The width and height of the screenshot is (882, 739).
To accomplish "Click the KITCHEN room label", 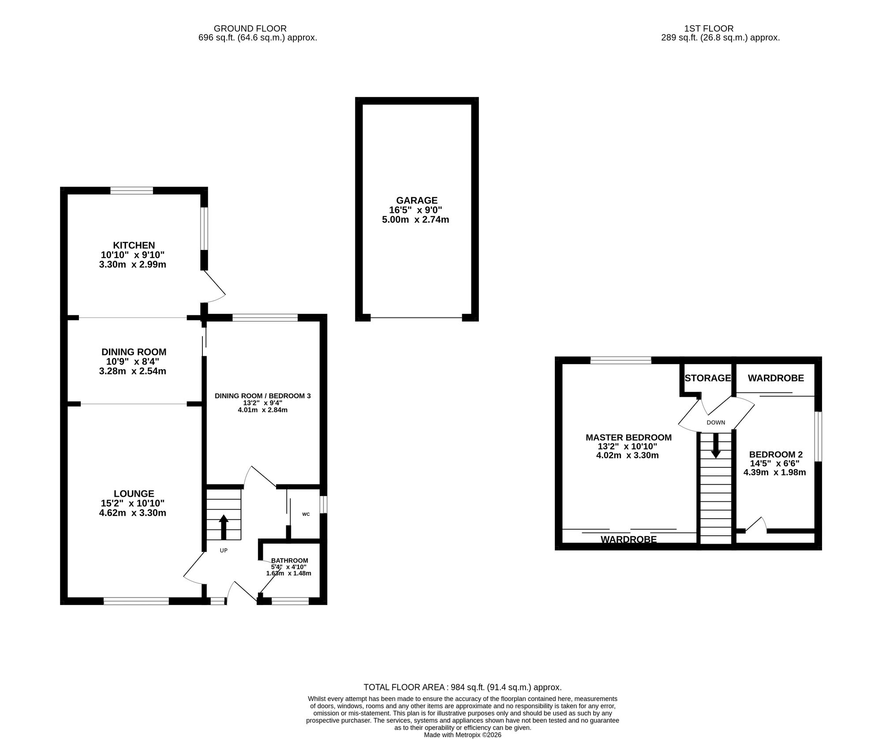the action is [x=134, y=245].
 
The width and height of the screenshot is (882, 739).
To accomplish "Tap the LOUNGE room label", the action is [x=134, y=494].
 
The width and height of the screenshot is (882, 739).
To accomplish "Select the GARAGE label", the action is [x=416, y=200].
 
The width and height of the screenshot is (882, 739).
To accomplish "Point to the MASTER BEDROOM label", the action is [x=628, y=437].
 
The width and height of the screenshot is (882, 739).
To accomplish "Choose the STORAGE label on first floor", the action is [x=708, y=378].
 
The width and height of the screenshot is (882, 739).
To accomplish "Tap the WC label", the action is [x=306, y=514].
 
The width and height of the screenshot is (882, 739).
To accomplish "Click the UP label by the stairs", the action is [x=224, y=550].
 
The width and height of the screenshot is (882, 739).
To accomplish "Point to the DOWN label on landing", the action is [x=716, y=422].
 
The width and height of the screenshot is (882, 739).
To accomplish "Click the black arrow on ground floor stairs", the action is [x=224, y=527].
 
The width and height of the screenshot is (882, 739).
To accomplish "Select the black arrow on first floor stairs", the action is [x=716, y=445].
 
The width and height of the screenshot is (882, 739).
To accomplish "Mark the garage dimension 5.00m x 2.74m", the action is [x=415, y=220].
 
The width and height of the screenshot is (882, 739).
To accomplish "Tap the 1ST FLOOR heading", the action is [x=709, y=29].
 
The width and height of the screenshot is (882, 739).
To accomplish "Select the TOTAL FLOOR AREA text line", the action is [x=463, y=687].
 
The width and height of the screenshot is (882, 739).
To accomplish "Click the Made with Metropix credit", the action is [x=463, y=735].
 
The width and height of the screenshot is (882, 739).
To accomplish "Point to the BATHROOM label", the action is [x=290, y=560].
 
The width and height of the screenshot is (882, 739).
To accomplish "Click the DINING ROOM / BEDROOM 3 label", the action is [x=263, y=396].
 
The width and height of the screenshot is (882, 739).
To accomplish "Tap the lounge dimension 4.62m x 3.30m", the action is [x=133, y=513].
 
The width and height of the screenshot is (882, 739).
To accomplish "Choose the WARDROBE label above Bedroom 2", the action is [x=776, y=378].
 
